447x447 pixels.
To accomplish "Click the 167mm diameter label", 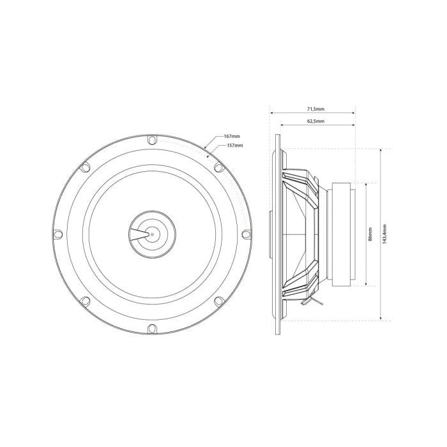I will pos(232,137).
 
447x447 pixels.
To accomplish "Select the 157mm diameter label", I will pos(235,146).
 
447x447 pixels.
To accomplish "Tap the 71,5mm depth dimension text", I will pos(313,109).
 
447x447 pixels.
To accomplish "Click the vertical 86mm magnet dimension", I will pos(370,234).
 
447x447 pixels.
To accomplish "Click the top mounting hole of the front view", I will pos(151,140).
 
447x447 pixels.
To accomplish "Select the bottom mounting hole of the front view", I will pos(151,328).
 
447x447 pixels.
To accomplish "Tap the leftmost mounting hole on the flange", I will pos(57,234).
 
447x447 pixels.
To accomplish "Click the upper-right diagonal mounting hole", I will pos(218,167).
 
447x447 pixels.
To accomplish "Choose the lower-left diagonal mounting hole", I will pos(84,301).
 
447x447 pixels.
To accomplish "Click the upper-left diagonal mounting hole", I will pos(84,167).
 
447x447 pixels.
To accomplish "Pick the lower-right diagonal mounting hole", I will pos(218,301).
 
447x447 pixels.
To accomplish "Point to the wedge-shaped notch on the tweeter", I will pos(137,234).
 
